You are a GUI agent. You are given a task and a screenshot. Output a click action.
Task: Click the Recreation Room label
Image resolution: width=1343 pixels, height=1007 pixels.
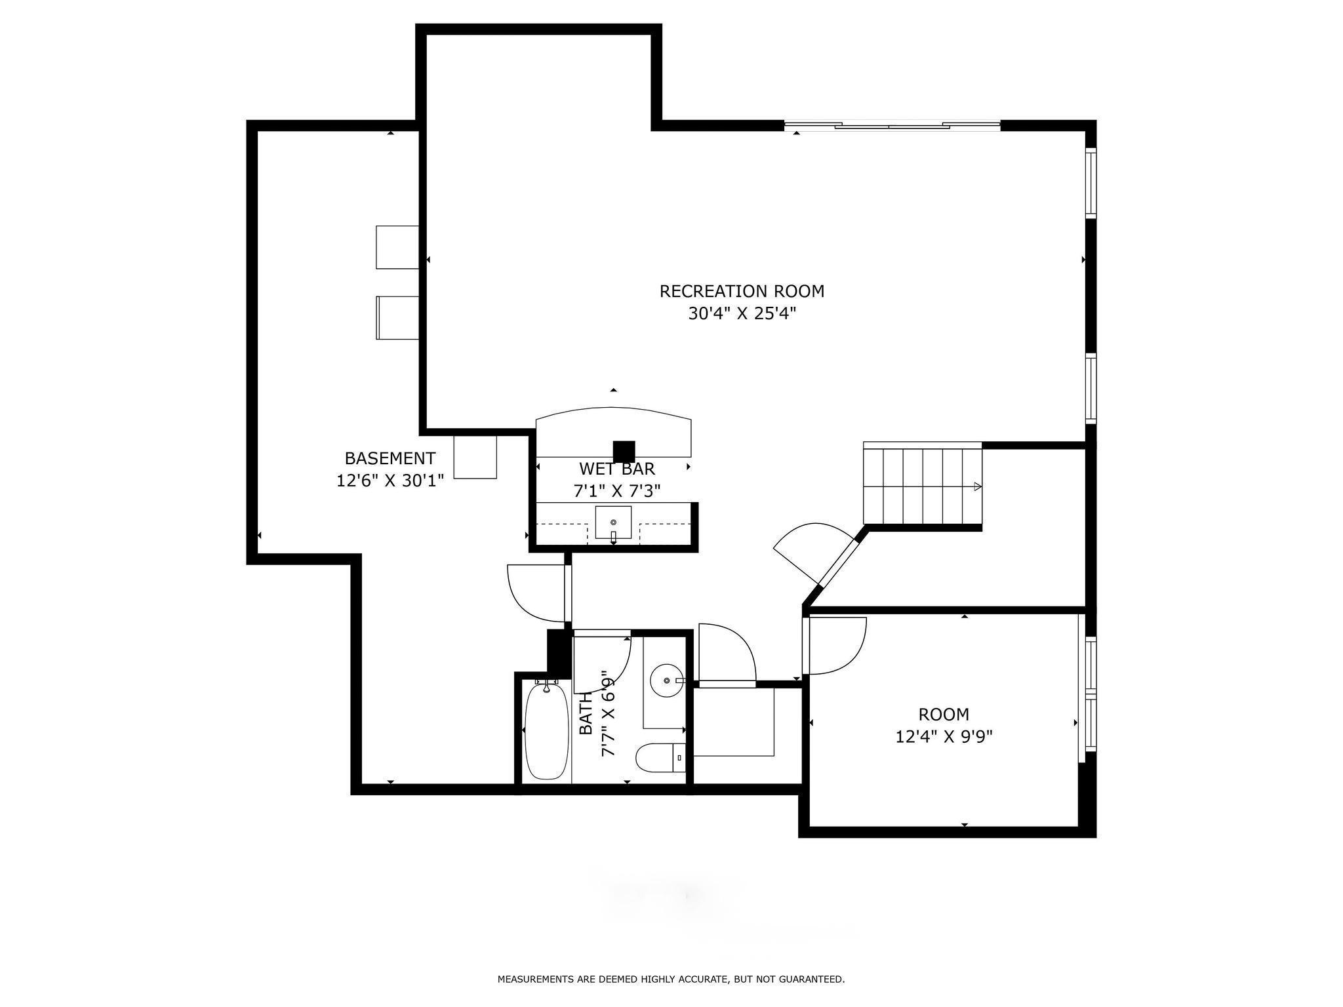coord(742,291)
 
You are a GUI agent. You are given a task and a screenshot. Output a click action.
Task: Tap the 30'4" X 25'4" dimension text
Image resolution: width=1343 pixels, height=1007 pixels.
coord(742,314)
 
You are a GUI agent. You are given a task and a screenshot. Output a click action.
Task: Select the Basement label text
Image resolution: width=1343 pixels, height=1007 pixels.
coord(390,458)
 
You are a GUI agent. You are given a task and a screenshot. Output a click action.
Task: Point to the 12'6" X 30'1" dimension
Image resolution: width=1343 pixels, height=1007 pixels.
coord(390,481)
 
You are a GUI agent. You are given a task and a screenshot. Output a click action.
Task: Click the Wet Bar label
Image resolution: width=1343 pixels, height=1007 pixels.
coord(617,469)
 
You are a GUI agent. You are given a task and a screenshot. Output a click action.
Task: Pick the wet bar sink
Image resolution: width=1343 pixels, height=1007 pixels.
coord(613,523)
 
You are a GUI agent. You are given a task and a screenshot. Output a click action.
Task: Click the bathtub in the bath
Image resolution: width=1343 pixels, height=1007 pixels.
coord(546,730)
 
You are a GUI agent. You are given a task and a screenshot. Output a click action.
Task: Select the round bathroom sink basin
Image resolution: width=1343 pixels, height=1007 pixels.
coord(666,681)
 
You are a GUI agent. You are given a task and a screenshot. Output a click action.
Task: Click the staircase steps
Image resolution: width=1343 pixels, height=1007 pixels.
coord(922,486)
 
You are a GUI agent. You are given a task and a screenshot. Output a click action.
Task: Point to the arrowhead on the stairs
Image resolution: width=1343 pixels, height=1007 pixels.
coord(978,486)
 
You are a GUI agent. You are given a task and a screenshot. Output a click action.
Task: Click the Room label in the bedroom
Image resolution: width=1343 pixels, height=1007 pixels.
coord(944,715)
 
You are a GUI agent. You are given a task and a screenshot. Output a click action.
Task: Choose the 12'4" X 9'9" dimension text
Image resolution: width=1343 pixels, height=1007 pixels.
coord(944,737)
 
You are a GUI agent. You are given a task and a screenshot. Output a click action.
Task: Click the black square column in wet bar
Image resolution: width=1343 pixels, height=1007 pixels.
coord(624,451)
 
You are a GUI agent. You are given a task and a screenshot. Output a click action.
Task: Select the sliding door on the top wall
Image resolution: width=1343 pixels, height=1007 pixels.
coord(892,125)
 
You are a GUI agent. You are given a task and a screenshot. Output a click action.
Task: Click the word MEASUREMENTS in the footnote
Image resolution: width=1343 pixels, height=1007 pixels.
coord(536,979)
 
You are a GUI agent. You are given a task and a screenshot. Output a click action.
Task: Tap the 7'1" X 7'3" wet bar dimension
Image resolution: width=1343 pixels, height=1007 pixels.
coord(617,491)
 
